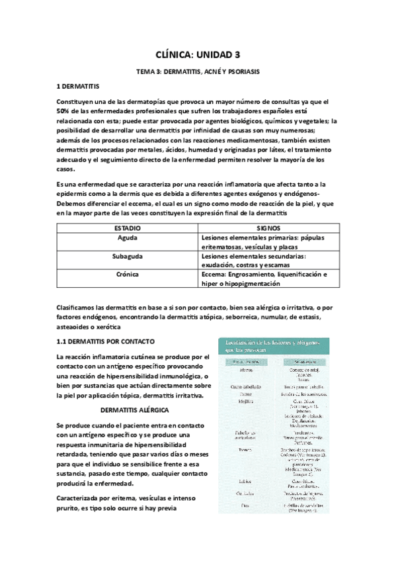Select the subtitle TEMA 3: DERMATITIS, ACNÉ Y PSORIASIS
tap(198, 71)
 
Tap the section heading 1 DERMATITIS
tap(77, 87)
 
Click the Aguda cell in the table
tap(127, 237)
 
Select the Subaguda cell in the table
tap(127, 255)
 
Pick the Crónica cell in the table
tap(127, 274)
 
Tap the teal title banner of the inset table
tap(274, 346)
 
